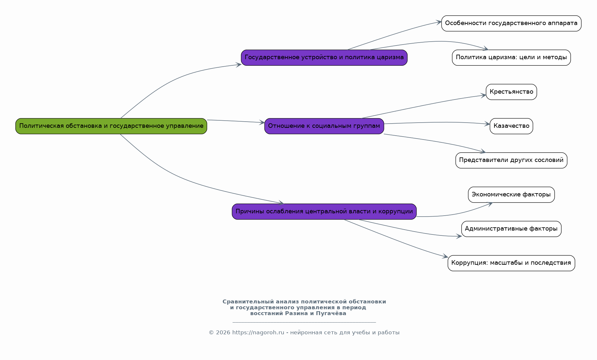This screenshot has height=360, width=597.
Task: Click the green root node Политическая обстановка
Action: point(111,126)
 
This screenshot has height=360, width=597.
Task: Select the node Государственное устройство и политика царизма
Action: point(324,58)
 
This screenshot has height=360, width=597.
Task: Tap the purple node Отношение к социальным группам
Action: point(324,126)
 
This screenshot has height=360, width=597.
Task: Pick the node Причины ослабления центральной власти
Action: point(324,212)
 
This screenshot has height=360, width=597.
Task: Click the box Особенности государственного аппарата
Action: point(511,23)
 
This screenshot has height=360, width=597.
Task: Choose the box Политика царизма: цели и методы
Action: point(511,58)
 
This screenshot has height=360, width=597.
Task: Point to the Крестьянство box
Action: point(511,92)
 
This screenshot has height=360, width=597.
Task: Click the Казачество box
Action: point(511,126)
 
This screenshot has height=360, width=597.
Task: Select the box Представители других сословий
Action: point(511,160)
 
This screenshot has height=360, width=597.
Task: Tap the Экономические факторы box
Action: point(511,195)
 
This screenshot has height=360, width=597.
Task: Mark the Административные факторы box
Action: point(511,229)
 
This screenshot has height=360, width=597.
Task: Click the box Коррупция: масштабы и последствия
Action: point(511,263)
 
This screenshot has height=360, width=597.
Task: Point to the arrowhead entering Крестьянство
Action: point(483,96)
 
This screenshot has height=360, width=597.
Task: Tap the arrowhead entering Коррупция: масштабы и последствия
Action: point(445,257)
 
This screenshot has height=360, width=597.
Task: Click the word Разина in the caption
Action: point(296,313)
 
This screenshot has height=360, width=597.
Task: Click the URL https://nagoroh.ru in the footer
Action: point(258,333)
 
